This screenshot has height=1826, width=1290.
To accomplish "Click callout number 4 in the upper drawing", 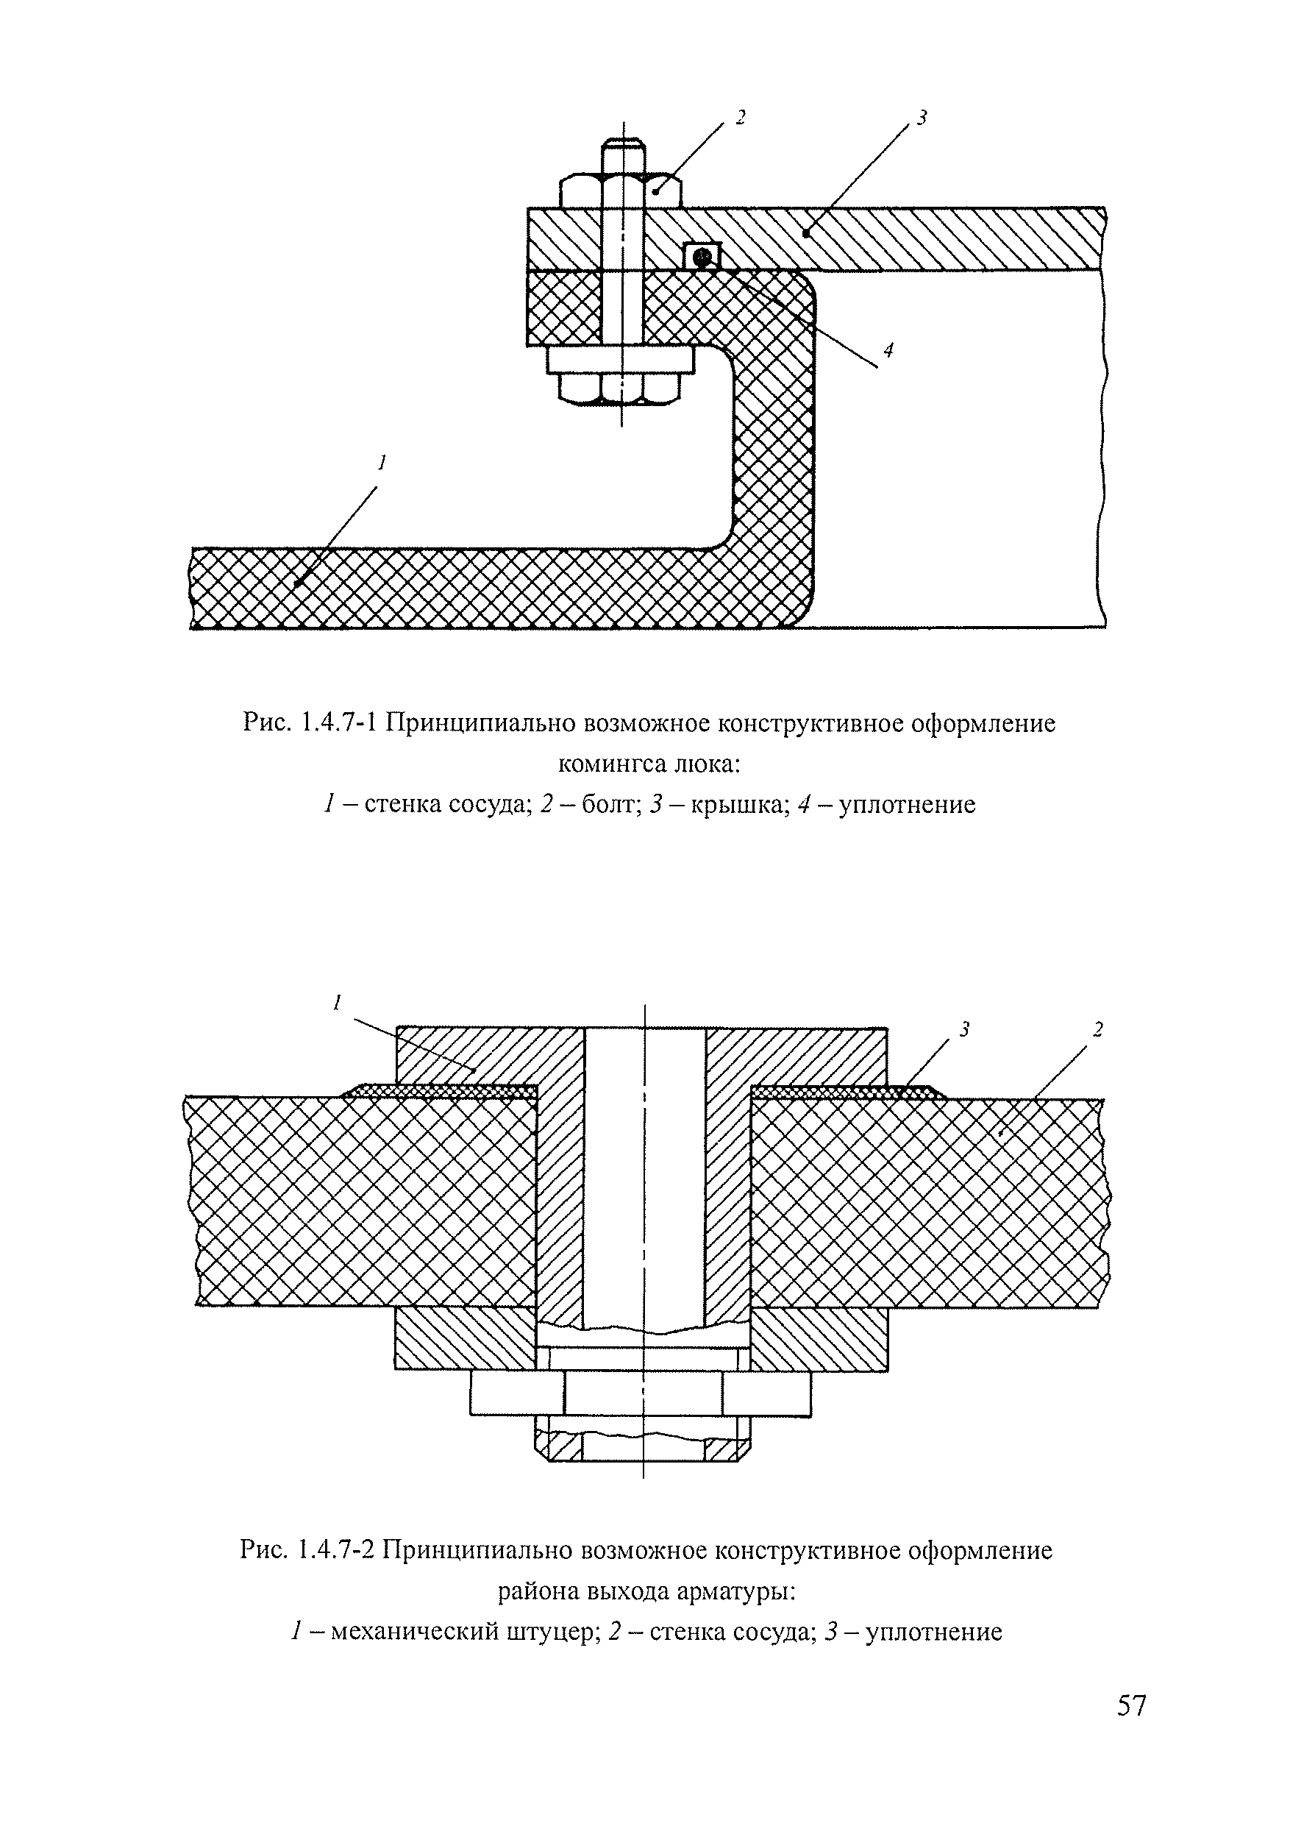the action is click(888, 349).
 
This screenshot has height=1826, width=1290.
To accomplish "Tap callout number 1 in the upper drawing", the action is click(382, 461).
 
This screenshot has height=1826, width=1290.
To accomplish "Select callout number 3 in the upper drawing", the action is click(922, 118).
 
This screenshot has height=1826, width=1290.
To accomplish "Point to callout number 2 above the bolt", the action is click(740, 118).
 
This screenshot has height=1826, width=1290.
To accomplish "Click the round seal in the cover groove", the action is click(702, 257).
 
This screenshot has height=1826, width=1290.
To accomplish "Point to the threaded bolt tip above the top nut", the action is click(622, 156).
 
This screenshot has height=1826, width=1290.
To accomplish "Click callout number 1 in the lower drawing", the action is click(337, 1003).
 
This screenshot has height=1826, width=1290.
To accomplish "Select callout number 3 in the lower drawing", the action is click(964, 1030).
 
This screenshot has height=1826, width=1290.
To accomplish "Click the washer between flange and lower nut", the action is click(621, 360).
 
